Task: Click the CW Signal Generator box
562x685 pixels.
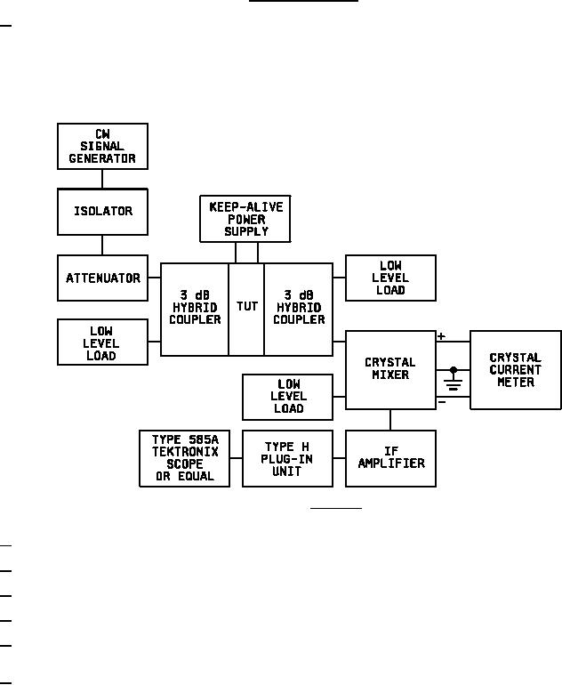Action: (102, 147)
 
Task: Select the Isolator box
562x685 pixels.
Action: (102, 212)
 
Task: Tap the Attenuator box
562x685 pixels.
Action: (102, 278)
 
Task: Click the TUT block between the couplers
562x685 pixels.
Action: (246, 308)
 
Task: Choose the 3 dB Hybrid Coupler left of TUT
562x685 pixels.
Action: (195, 308)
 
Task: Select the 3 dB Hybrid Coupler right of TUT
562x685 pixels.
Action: (299, 308)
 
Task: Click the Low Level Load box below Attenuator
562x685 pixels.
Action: (102, 342)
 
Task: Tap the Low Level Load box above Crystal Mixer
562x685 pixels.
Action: (390, 278)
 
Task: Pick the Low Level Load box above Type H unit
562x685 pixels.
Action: (287, 397)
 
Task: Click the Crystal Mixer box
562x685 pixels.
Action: (390, 369)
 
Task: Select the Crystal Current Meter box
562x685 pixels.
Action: (515, 369)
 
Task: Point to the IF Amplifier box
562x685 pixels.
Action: (390, 458)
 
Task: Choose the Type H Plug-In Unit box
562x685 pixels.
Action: (287, 458)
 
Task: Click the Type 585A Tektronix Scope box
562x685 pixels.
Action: (184, 458)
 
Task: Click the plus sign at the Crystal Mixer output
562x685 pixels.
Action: (442, 336)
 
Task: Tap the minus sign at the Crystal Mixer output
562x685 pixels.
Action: (442, 403)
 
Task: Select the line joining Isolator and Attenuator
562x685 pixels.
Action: (102, 245)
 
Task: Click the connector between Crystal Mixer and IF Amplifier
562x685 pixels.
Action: (390, 420)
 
